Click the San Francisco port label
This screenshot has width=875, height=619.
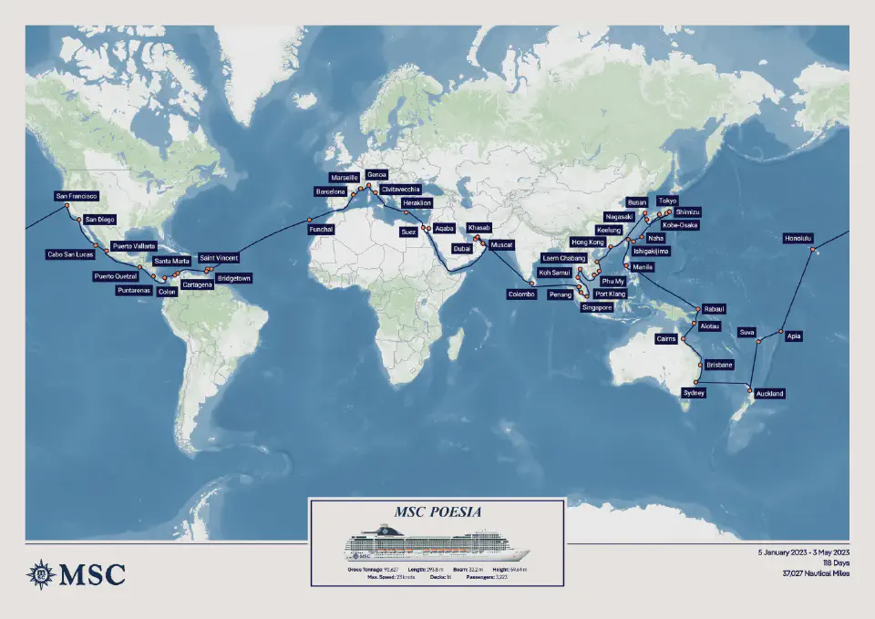77,196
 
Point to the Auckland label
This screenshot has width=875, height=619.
768,394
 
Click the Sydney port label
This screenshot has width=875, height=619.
694,393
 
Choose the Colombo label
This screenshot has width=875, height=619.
523,294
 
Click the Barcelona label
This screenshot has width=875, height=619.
331,192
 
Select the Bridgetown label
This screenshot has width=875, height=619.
234,277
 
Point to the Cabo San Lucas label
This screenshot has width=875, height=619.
70,254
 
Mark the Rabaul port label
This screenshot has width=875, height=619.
713,309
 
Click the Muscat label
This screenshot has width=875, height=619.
501,245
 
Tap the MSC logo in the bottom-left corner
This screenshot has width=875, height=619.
77,573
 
